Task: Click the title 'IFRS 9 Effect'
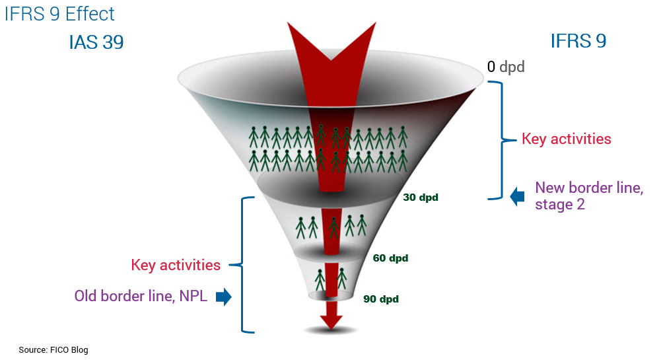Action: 59,13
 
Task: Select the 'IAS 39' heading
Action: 96,42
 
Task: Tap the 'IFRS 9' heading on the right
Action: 578,41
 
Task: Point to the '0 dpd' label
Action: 506,67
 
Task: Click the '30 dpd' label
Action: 420,197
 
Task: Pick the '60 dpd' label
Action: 390,258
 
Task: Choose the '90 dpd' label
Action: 381,299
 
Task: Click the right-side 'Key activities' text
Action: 566,139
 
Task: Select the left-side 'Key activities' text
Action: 176,265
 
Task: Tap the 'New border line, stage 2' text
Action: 588,196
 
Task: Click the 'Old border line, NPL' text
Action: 141,296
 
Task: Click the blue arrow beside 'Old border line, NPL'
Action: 224,297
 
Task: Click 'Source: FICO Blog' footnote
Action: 53,349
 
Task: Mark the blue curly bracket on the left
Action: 245,264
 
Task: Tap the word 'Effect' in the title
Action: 90,13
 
